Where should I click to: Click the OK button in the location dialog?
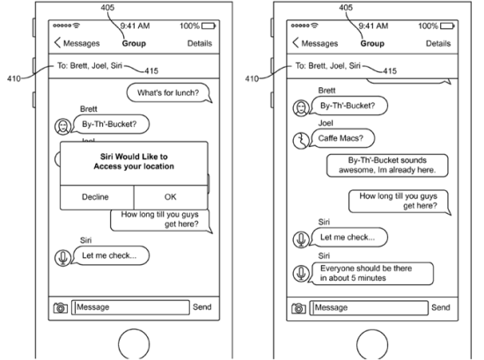pyautogui.click(x=171, y=197)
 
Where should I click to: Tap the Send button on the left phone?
pyautogui.click(x=202, y=307)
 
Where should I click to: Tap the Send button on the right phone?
pyautogui.click(x=441, y=307)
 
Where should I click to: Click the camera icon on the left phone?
pyautogui.click(x=61, y=308)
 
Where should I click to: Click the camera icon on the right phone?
pyautogui.click(x=298, y=308)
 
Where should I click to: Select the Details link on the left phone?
pyautogui.click(x=200, y=43)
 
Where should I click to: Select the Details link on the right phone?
pyautogui.click(x=438, y=43)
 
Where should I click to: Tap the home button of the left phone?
pyautogui.click(x=134, y=344)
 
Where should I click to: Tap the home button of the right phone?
pyautogui.click(x=372, y=344)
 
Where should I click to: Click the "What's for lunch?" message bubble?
pyautogui.click(x=169, y=92)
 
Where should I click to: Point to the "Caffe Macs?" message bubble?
pyautogui.click(x=342, y=138)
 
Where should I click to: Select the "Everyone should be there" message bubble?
pyautogui.click(x=372, y=273)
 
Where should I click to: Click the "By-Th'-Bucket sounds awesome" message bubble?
pyautogui.click(x=387, y=165)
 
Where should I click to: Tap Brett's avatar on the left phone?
pyautogui.click(x=63, y=127)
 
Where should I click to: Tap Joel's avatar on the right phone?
pyautogui.click(x=301, y=141)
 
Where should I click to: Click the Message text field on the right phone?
pyautogui.click(x=370, y=308)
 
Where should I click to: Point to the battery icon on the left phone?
pyautogui.click(x=209, y=26)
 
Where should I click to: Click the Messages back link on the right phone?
pyautogui.click(x=315, y=43)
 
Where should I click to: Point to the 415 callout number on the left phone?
pyautogui.click(x=151, y=71)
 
